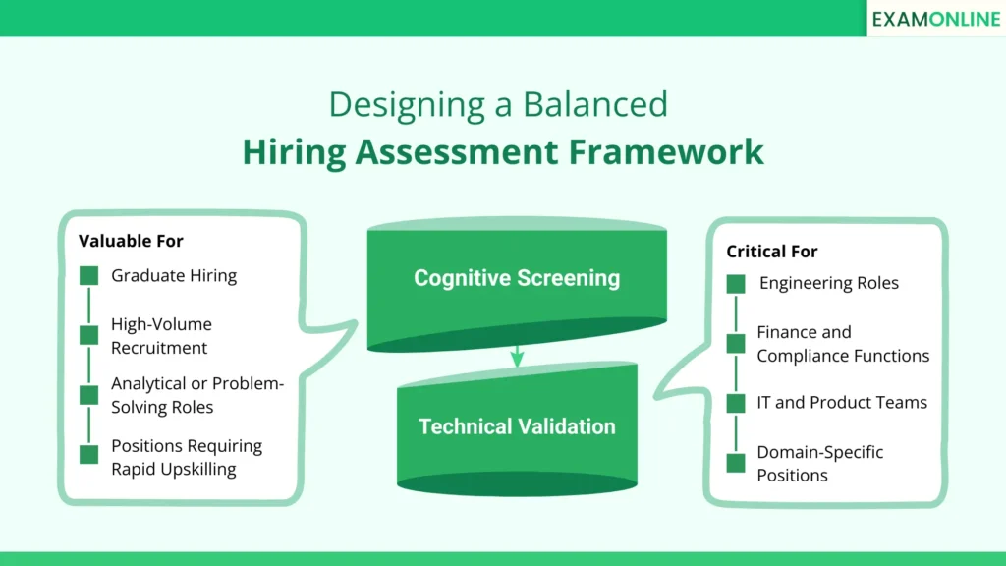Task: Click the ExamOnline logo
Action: (935, 19)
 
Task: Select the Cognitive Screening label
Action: (517, 278)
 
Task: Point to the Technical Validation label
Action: (517, 426)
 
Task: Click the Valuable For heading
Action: (131, 241)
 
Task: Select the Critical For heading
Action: (771, 252)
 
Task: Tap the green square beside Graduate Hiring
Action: (89, 276)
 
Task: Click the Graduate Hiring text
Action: (174, 276)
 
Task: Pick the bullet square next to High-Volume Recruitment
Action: (89, 336)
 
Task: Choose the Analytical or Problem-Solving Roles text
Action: (196, 395)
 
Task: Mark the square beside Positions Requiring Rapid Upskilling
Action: (89, 454)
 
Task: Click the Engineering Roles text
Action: (828, 283)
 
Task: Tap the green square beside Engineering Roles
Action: (736, 284)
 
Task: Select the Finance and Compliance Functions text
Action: (842, 344)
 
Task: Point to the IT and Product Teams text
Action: (841, 402)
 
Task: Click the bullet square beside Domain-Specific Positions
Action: (736, 462)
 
